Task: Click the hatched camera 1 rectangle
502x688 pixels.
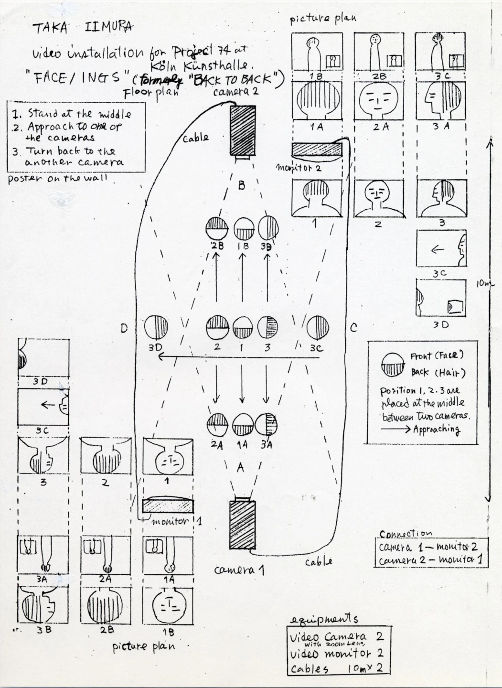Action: coord(242,526)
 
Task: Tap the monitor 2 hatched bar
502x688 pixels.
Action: coord(317,150)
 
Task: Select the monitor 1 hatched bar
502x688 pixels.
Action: coord(168,505)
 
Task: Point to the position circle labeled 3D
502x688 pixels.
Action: coord(157,328)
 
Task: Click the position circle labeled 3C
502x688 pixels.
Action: coord(318,328)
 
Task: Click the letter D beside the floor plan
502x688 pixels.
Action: coord(124,328)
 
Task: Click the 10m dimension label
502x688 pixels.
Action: coord(485,284)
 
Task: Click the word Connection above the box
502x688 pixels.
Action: coord(406,533)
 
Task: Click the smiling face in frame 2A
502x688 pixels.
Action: coord(378,100)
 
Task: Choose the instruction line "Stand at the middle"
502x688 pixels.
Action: coord(78,114)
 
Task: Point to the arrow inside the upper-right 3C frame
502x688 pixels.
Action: coord(438,249)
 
